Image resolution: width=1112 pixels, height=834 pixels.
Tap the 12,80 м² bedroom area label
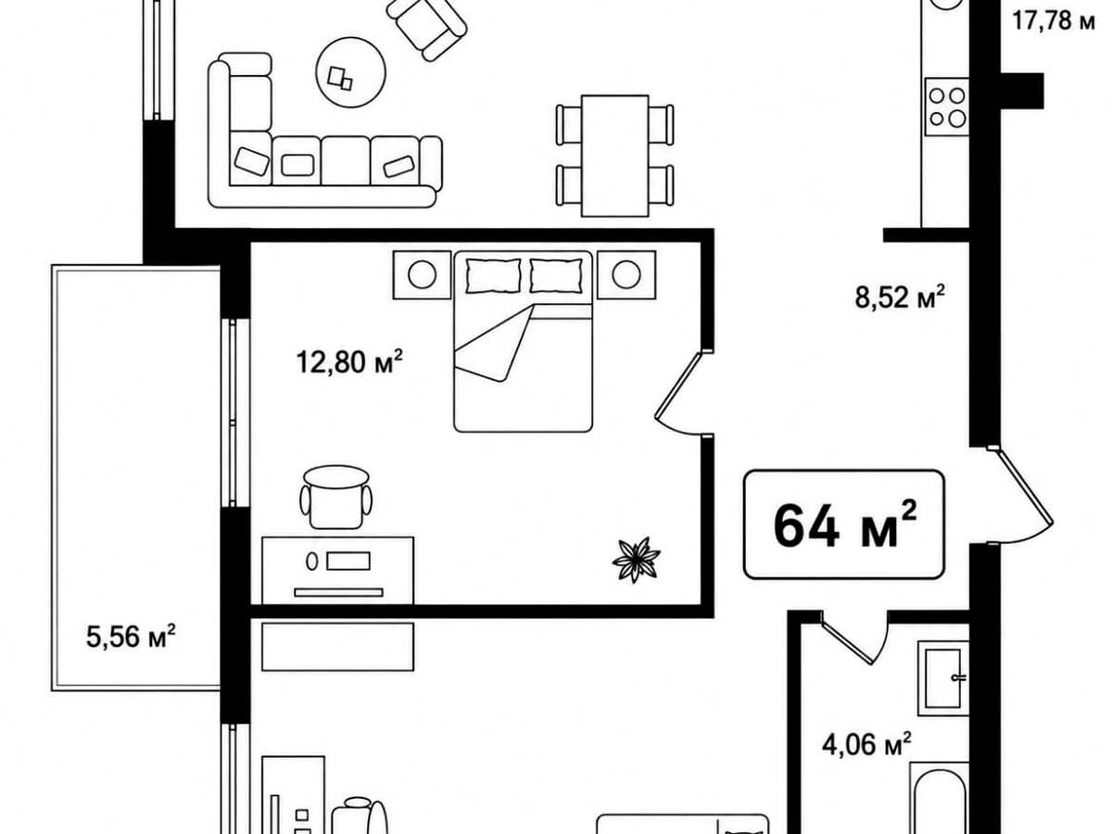pos(349,361)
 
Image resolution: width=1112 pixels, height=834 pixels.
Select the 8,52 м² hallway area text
pos(900,297)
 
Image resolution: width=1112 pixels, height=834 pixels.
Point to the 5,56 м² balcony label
pos(132,636)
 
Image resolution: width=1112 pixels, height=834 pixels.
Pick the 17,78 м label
pos(1054,21)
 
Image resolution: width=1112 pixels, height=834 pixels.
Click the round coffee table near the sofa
pos(350,72)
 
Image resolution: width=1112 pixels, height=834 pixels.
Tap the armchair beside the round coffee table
pos(426,28)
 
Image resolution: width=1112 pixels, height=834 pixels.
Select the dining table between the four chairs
pos(615,156)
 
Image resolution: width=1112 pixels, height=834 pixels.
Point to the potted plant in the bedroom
pos(637,560)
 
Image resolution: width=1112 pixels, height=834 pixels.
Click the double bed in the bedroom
pos(524,342)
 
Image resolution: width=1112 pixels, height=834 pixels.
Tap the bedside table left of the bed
pos(422,275)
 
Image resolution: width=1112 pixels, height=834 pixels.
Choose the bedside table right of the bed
pos(626,275)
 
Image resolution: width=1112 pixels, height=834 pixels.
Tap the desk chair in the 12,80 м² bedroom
pos(335,498)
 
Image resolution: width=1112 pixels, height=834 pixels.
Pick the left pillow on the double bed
pos(493,276)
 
